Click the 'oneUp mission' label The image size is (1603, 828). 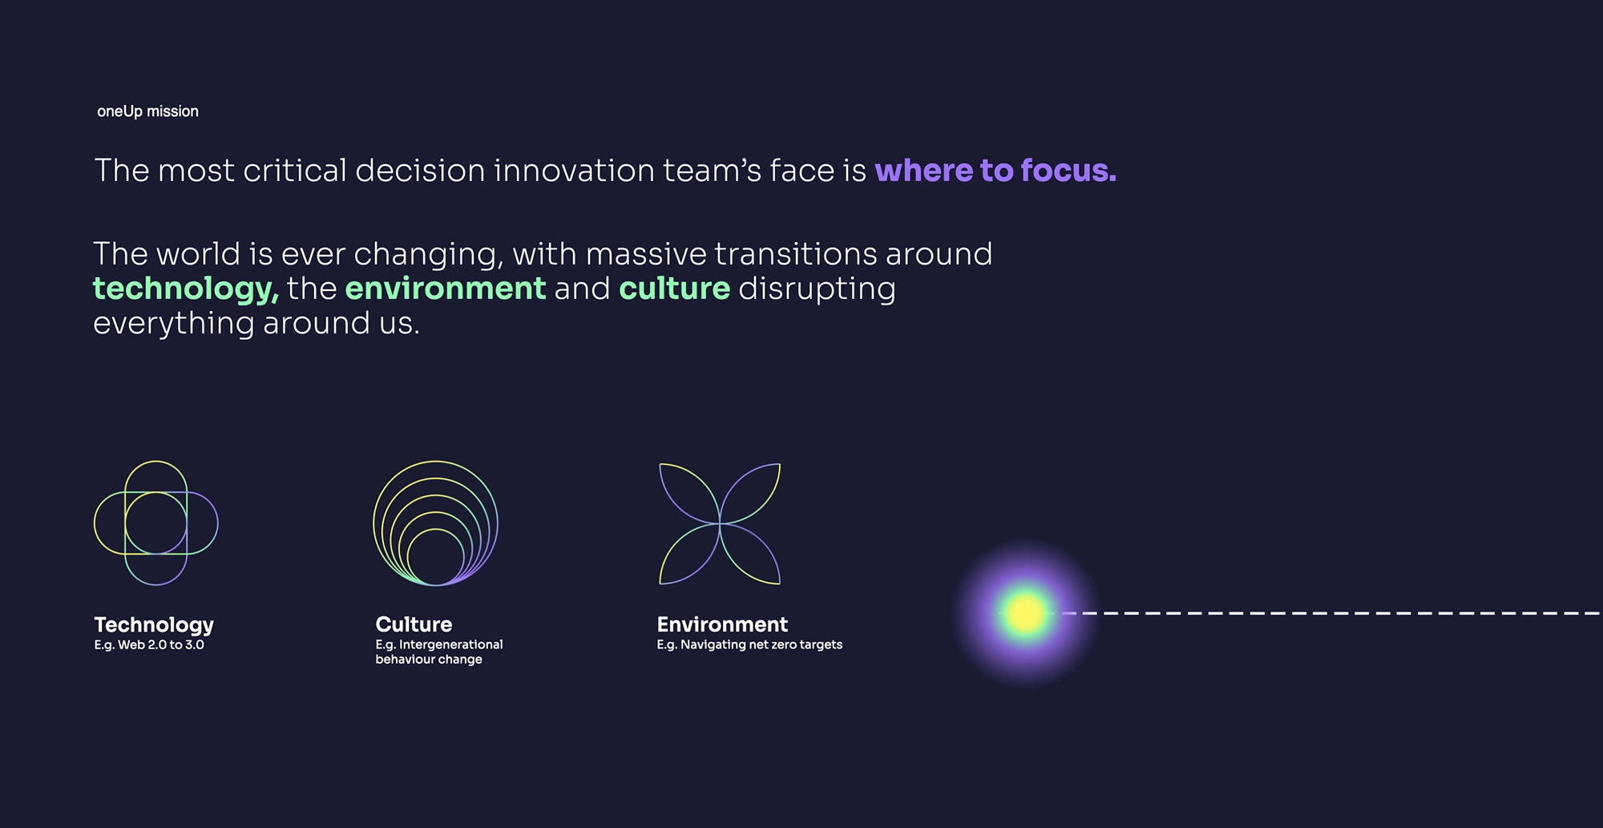click(x=147, y=111)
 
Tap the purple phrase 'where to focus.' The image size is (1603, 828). click(x=995, y=171)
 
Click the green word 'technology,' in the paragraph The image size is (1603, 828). click(x=186, y=289)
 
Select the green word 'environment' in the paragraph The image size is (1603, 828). click(x=446, y=289)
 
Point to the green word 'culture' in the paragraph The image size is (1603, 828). click(x=675, y=289)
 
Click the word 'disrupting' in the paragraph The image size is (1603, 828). click(x=817, y=289)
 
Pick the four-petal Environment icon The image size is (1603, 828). click(x=720, y=523)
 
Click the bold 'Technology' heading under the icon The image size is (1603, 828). click(x=154, y=625)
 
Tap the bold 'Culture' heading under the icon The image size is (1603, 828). click(x=414, y=624)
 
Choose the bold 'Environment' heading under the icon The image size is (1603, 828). click(x=722, y=624)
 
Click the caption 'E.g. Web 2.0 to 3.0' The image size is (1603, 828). click(x=149, y=645)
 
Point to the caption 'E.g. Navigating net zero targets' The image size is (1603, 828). click(x=749, y=645)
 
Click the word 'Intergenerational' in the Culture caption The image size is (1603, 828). click(x=451, y=645)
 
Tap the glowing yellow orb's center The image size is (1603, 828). click(x=1025, y=613)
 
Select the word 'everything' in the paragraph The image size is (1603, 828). click(x=173, y=324)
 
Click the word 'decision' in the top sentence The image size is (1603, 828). click(x=420, y=171)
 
